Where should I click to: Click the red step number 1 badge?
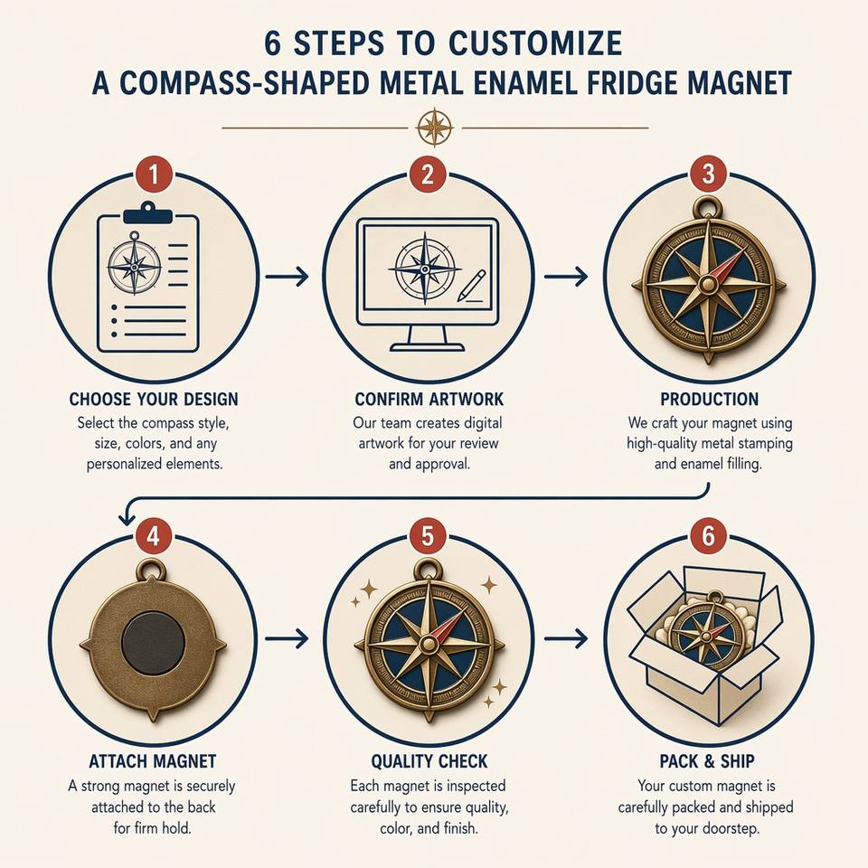(x=154, y=175)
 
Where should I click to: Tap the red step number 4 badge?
(x=154, y=536)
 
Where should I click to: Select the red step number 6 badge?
(x=708, y=536)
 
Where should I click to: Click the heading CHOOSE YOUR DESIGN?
(x=154, y=399)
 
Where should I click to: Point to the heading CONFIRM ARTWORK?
(x=429, y=399)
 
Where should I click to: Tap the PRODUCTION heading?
(x=709, y=399)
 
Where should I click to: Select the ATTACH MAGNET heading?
(x=152, y=761)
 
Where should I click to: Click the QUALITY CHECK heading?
(x=429, y=761)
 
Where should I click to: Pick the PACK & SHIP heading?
(x=707, y=761)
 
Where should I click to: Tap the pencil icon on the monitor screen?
(x=472, y=287)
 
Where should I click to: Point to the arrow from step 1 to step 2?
(x=287, y=276)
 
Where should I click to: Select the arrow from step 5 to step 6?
(x=566, y=638)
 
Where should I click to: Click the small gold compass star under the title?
(x=435, y=127)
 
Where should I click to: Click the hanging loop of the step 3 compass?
(x=708, y=208)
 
